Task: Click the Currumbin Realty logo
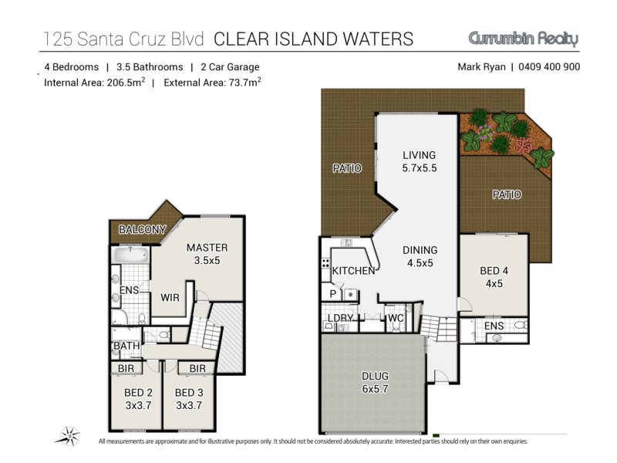(x=524, y=39)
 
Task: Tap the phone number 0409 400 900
(x=549, y=67)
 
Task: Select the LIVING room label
(x=419, y=155)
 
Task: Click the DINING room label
(x=420, y=250)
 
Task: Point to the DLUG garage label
(x=375, y=376)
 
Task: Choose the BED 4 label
(x=494, y=271)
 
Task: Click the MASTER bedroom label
(x=207, y=248)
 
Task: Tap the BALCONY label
(x=142, y=229)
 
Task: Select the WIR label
(x=170, y=298)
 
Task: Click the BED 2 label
(x=138, y=393)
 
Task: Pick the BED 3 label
(x=189, y=393)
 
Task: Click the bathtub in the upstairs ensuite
(x=130, y=255)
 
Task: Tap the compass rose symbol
(x=69, y=436)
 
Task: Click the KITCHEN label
(x=353, y=271)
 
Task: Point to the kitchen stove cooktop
(x=325, y=263)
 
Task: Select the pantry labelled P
(x=333, y=294)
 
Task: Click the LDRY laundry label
(x=340, y=318)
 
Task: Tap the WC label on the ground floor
(x=396, y=318)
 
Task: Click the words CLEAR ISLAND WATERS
(x=314, y=39)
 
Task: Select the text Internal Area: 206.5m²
(x=94, y=83)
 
